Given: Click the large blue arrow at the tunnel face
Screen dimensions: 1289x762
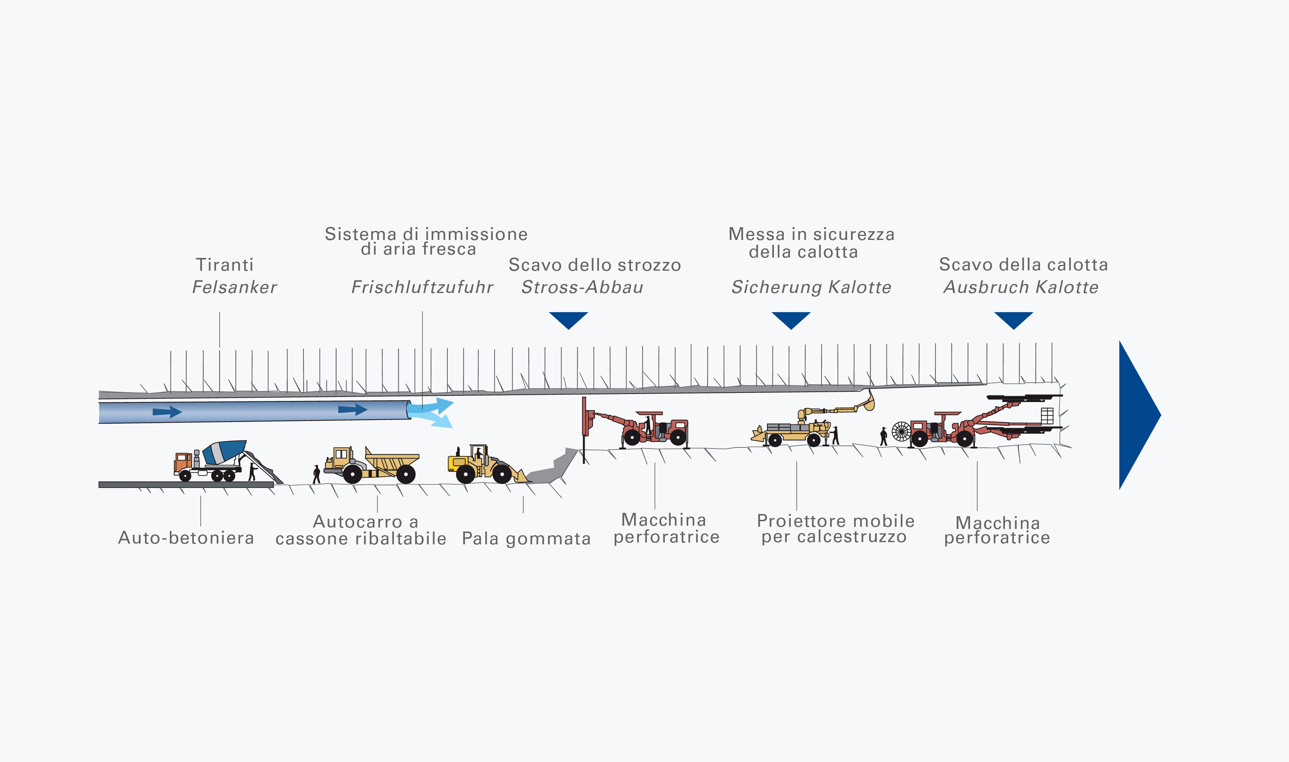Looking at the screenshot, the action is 1135,415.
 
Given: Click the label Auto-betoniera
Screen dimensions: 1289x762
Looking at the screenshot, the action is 186,538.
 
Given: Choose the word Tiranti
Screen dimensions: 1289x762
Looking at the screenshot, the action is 224,264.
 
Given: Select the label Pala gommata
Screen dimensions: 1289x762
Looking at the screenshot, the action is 526,538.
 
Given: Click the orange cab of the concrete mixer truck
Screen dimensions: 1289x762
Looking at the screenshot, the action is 182,462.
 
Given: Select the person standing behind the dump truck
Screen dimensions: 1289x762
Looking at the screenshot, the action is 316,474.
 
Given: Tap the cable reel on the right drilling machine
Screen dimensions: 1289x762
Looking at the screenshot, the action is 901,431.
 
